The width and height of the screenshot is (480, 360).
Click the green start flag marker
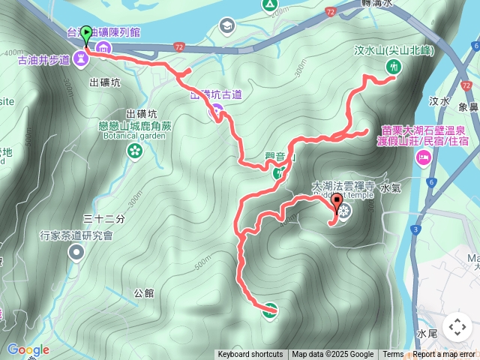(x=85, y=34)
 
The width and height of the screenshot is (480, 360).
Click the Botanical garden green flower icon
(x=135, y=152)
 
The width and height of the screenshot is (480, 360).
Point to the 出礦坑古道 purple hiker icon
(x=216, y=112)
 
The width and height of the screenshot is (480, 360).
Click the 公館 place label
(x=143, y=293)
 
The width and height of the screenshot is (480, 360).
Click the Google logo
(x=28, y=349)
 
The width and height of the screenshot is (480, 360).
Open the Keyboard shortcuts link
(x=250, y=355)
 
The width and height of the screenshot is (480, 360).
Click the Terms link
(x=393, y=355)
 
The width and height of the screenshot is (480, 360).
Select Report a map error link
(x=444, y=355)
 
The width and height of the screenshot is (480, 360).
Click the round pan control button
(x=457, y=327)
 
